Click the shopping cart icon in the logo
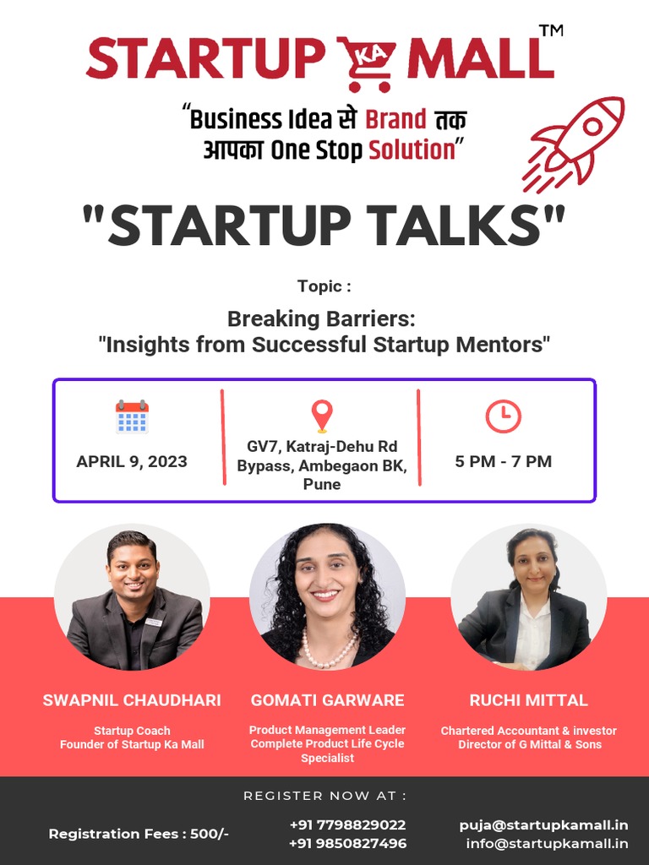click(x=367, y=62)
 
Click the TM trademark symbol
click(x=550, y=31)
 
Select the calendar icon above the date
click(x=132, y=416)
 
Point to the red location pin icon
click(x=321, y=416)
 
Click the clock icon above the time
click(x=503, y=416)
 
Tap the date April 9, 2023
click(x=132, y=461)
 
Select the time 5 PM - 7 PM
click(x=503, y=461)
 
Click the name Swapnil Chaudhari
click(x=132, y=700)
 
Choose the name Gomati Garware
click(x=327, y=700)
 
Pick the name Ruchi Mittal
click(x=529, y=700)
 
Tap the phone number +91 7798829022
click(x=347, y=824)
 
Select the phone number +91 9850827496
click(x=347, y=843)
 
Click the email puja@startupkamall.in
click(x=543, y=824)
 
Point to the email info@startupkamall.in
click(x=547, y=843)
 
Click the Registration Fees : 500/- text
click(x=139, y=834)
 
